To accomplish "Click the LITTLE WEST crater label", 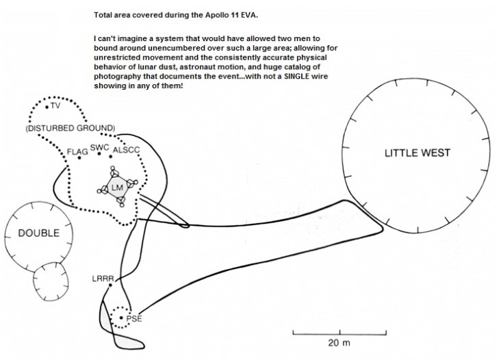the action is point(417,153).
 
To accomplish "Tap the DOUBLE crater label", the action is point(38,233).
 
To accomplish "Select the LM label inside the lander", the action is point(117,188).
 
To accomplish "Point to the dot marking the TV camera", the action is point(47,107).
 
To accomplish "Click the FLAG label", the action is point(77,152).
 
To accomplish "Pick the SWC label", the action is point(99,148).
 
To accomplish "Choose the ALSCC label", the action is point(126,150).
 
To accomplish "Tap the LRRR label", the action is point(103,279).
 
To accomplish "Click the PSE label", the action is point(134,318).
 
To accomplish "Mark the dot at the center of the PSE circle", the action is point(121,318).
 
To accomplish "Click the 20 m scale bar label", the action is point(339,343).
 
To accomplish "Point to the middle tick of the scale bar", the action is point(340,332).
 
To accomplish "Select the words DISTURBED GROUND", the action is point(71,128).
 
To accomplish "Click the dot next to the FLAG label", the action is point(79,157).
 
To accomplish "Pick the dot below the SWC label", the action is point(99,154).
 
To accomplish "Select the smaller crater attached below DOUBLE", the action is point(51,281).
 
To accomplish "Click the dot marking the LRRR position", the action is point(110,285).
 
